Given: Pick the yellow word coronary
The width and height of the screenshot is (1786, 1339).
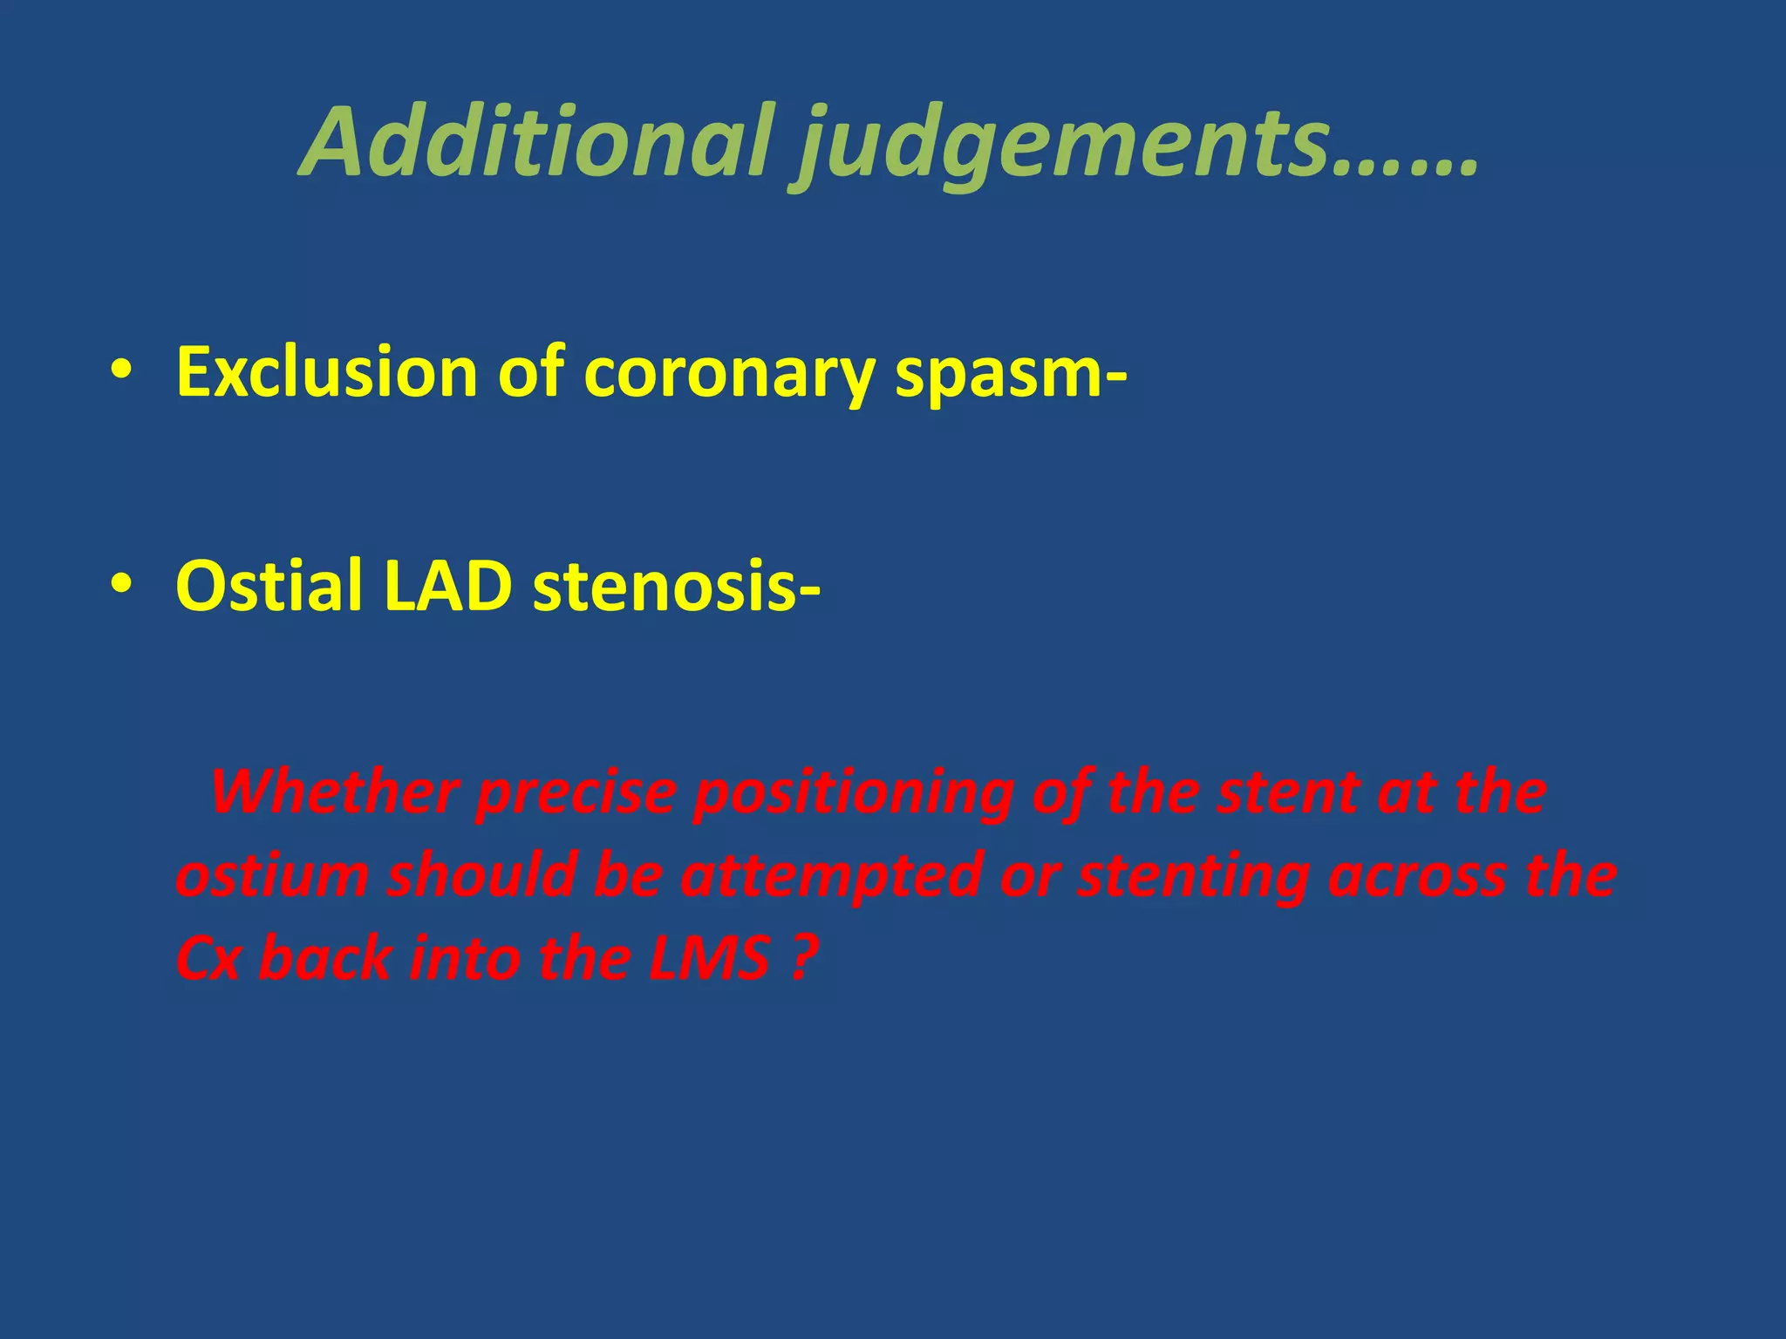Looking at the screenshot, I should (729, 375).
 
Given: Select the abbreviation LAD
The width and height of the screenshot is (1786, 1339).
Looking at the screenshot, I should (447, 586).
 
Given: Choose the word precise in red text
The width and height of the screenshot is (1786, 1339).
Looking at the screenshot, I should (576, 793).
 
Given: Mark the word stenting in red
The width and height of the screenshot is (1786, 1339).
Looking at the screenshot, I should (1194, 877).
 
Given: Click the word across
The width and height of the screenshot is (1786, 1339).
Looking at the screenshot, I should (1418, 875).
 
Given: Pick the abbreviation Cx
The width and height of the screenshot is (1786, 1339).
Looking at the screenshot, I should (208, 958).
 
